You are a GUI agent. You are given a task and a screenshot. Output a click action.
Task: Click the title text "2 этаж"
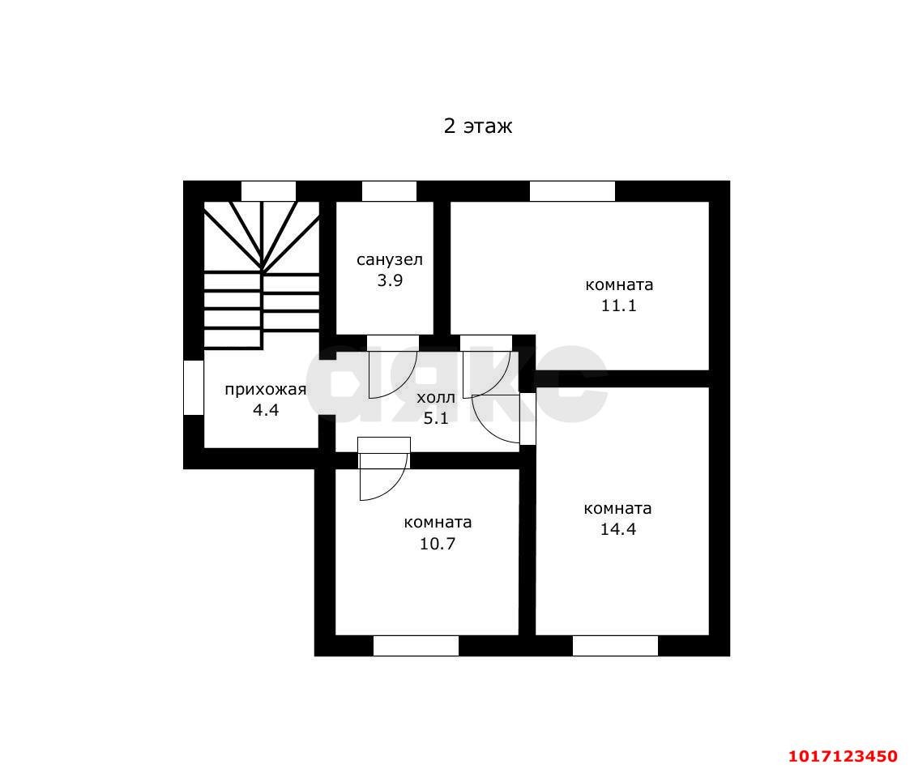coord(478,126)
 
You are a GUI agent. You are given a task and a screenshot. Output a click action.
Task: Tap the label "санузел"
coord(390,259)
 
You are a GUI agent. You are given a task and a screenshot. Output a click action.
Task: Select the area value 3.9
coord(390,280)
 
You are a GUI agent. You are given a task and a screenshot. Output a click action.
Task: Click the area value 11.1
coord(618,305)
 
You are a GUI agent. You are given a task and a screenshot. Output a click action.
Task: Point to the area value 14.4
coord(618,529)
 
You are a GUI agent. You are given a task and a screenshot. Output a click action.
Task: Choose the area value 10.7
coord(438,544)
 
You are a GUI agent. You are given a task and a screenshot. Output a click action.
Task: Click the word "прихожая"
coord(265,390)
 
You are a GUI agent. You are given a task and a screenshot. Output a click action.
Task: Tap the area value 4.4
coord(265,410)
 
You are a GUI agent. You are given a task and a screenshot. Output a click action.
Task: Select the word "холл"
coord(435,398)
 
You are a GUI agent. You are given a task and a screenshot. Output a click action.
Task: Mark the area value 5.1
coord(435,418)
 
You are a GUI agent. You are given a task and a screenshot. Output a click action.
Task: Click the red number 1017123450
coord(843,756)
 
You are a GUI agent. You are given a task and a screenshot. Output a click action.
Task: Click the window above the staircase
coord(268,191)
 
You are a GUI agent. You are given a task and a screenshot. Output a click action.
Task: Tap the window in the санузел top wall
coord(389,191)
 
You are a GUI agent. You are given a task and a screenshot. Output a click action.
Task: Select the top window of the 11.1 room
coord(572,191)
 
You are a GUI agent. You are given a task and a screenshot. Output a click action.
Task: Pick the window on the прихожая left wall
coord(194,387)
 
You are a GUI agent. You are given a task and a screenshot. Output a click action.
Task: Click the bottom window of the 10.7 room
coord(416,646)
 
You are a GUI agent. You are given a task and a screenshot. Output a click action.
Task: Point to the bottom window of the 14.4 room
coord(615,646)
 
